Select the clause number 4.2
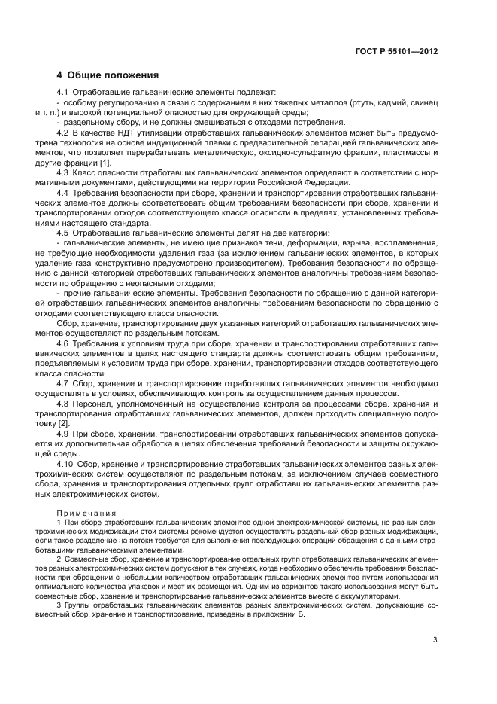pyautogui.click(x=63, y=133)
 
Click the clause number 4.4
pyautogui.click(x=63, y=194)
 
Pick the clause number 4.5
pyautogui.click(x=63, y=234)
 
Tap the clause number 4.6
pyautogui.click(x=63, y=343)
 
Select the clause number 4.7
pyautogui.click(x=63, y=384)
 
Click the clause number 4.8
pyautogui.click(x=63, y=404)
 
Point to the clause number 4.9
pyautogui.click(x=63, y=434)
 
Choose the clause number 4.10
pyautogui.click(x=65, y=465)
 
